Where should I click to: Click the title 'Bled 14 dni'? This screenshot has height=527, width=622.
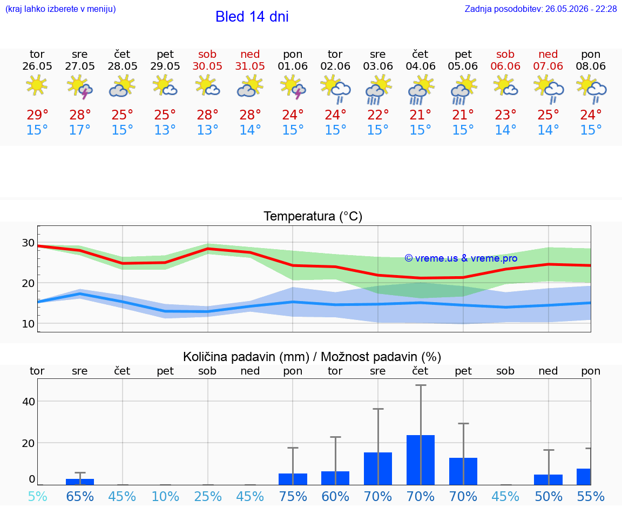252,17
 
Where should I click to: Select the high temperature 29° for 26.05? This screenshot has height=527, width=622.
37,115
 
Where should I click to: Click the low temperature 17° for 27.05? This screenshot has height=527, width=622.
80,130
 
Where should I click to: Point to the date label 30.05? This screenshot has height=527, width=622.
207,66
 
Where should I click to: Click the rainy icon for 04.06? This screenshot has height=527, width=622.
421,90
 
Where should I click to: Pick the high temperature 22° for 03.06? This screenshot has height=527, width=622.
377,115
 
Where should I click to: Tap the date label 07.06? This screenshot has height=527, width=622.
548,66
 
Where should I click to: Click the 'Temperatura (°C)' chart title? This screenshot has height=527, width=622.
313,216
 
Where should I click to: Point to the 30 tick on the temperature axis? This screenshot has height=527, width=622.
28,243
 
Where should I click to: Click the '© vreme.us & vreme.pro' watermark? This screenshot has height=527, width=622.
461,258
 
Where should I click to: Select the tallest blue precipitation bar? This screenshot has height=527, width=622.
421,460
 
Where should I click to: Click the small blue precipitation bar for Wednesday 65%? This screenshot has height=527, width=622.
80,482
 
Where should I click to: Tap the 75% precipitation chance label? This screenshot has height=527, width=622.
293,496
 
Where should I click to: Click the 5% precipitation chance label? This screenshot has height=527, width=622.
37,496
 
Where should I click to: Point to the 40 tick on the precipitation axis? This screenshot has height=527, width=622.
29,402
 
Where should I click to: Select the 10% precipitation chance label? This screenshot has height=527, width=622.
165,496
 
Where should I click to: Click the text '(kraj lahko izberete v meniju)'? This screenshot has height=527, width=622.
60,9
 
